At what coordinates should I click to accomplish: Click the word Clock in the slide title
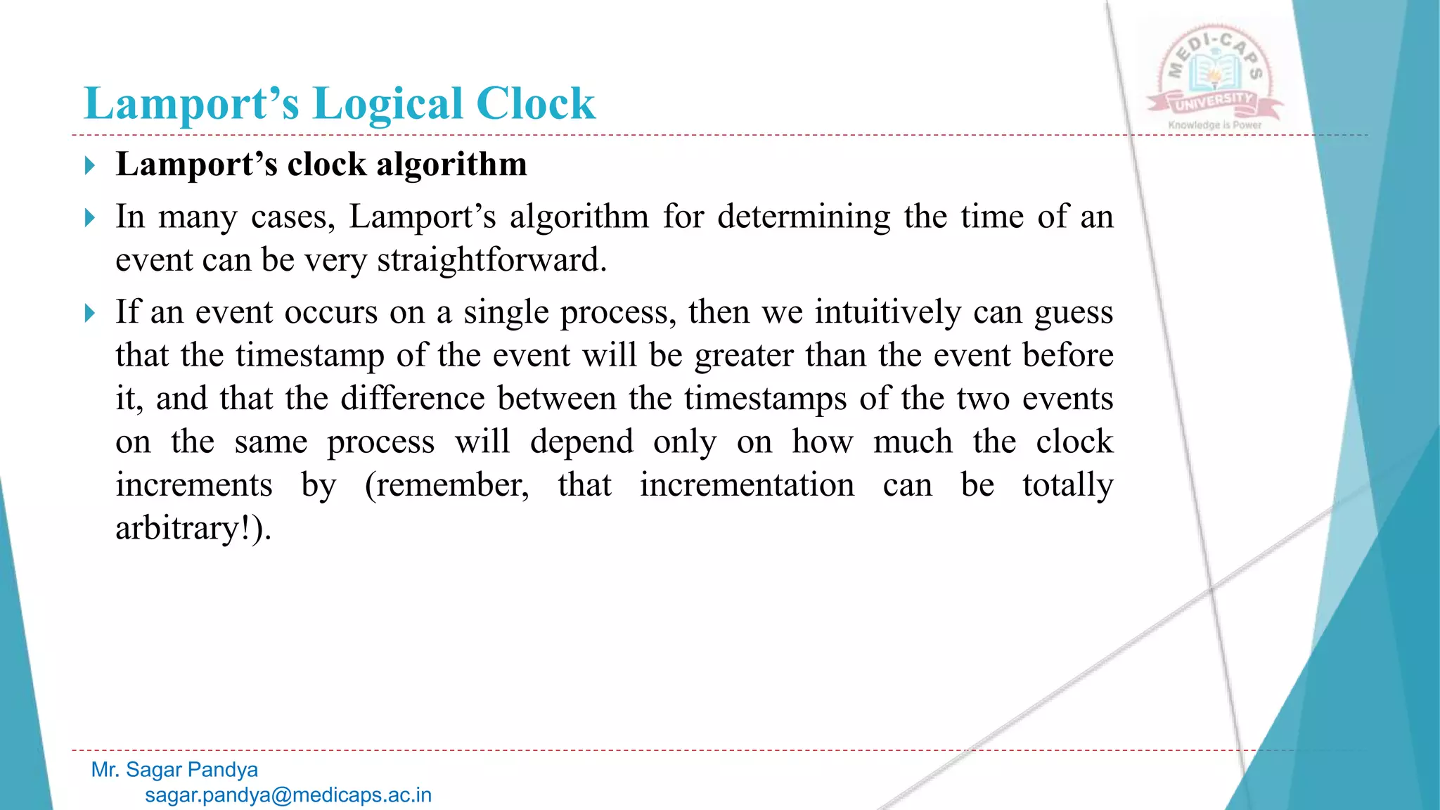pyautogui.click(x=536, y=104)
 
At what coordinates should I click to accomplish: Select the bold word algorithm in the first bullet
pyautogui.click(x=451, y=165)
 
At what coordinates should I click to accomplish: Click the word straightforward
pyautogui.click(x=491, y=260)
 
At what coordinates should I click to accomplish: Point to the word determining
pyautogui.click(x=804, y=217)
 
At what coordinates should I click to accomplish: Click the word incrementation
pyautogui.click(x=747, y=485)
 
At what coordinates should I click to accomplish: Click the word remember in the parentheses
pyautogui.click(x=450, y=485)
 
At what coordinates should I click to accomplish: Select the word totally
pyautogui.click(x=1067, y=485)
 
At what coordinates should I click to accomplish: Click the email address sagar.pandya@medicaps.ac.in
pyautogui.click(x=288, y=795)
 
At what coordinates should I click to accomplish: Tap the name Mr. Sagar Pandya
pyautogui.click(x=174, y=770)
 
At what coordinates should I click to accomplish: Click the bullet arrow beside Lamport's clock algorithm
pyautogui.click(x=89, y=166)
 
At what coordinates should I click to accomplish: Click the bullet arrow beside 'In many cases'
pyautogui.click(x=89, y=218)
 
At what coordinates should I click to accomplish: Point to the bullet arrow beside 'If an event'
pyautogui.click(x=89, y=314)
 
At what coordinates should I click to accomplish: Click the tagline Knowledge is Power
pyautogui.click(x=1214, y=125)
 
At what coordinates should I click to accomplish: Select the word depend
pyautogui.click(x=581, y=442)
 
